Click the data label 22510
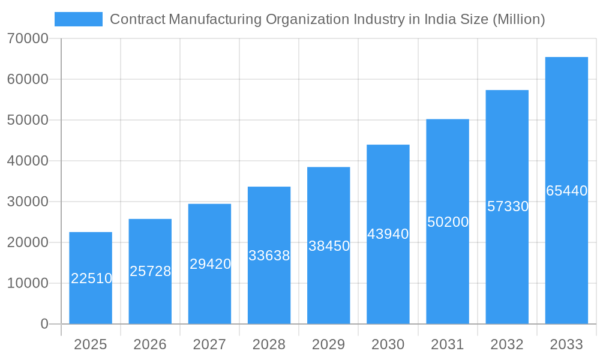(91, 278)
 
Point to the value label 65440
(566, 191)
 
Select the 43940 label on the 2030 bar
(388, 234)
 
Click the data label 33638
(269, 256)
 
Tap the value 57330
(508, 206)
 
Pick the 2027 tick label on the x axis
(209, 344)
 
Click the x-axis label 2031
(448, 344)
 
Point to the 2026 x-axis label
(150, 344)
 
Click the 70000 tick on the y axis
(28, 38)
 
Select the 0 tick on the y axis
(44, 324)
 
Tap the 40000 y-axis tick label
(28, 161)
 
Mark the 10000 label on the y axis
(28, 283)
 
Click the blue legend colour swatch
(78, 19)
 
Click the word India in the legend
(441, 19)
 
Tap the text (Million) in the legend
(518, 19)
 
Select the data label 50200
(448, 222)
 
